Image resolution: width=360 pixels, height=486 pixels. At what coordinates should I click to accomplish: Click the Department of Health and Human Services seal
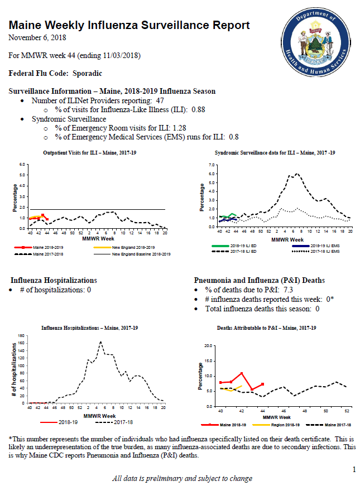point(316,42)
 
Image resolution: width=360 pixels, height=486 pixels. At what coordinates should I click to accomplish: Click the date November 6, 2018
point(37,38)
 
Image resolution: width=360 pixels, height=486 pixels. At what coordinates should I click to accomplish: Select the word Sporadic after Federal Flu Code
point(87,74)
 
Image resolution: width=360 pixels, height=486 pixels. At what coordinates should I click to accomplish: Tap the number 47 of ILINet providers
point(160,101)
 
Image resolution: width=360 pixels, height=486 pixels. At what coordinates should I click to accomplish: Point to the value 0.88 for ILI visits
point(199,110)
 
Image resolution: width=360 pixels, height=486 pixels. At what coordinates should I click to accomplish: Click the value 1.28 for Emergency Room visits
point(179,128)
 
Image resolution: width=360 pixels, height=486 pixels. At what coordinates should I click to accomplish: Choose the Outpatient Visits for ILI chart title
point(90,153)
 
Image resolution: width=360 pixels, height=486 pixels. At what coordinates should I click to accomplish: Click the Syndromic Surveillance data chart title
point(275,153)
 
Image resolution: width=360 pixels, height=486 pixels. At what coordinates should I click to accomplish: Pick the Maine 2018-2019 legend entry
point(39,247)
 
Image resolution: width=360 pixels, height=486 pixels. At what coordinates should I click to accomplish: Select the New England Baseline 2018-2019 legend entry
point(132,254)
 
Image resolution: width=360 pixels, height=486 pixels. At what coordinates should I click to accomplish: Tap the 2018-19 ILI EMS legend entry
point(316,246)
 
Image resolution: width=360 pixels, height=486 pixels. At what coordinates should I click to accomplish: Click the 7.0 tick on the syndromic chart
point(212,165)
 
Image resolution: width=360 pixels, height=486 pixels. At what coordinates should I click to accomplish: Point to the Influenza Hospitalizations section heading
point(54,281)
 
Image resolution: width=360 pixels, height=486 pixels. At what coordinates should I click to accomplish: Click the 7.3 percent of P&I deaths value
point(289,290)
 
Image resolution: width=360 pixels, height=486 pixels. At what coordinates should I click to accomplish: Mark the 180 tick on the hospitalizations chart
point(21,336)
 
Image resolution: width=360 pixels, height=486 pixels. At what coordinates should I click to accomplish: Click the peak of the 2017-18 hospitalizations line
point(100,341)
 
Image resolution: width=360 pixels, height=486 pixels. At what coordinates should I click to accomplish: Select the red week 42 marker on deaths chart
point(242,373)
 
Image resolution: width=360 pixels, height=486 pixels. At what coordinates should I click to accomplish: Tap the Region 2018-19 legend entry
point(276,425)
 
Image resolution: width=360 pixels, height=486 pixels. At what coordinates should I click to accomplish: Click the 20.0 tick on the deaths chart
point(208,345)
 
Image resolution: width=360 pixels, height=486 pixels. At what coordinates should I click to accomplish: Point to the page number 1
point(354,470)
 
